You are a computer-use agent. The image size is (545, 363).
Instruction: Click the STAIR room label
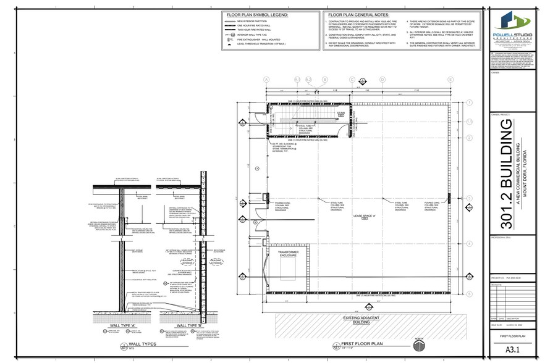(x=340, y=114)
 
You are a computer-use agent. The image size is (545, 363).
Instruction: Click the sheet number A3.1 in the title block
(x=511, y=351)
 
